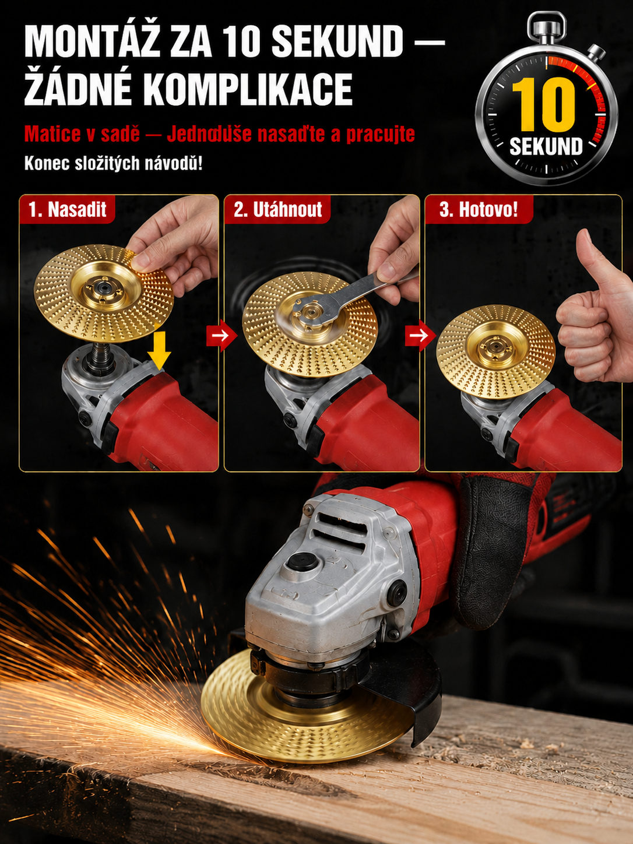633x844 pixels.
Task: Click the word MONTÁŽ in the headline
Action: [x=92, y=43]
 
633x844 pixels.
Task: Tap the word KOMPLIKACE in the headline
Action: [x=249, y=89]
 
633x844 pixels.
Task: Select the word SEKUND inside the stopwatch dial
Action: [x=546, y=146]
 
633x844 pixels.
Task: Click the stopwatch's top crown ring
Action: [x=547, y=26]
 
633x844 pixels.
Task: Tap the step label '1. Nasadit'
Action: [x=68, y=210]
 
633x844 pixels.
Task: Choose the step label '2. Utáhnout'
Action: [x=277, y=210]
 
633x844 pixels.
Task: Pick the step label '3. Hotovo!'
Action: [x=479, y=210]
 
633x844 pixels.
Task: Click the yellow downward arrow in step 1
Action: [x=159, y=350]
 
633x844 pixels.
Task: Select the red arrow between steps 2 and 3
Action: [x=420, y=335]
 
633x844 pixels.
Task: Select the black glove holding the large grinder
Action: [x=496, y=554]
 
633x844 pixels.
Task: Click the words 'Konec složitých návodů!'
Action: [x=114, y=164]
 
